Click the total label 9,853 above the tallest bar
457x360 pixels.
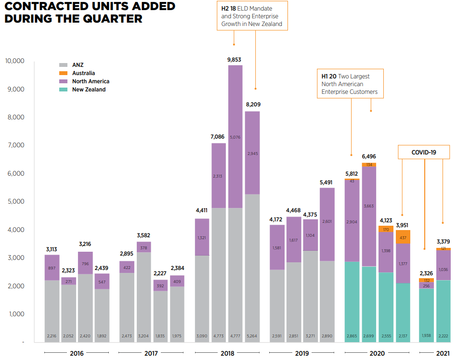pyautogui.click(x=235, y=60)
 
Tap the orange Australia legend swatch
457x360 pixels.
pyautogui.click(x=63, y=73)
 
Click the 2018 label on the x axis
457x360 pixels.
pyautogui.click(x=227, y=354)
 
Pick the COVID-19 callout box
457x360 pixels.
pyautogui.click(x=424, y=152)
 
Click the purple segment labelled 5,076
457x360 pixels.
pyautogui.click(x=235, y=137)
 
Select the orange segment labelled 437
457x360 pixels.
pyautogui.click(x=403, y=237)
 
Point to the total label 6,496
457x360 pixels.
pyautogui.click(x=369, y=157)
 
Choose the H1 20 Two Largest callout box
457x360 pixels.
pyautogui.click(x=350, y=84)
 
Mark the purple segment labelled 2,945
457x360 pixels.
pyautogui.click(x=252, y=153)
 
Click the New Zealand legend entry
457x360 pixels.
pyautogui.click(x=89, y=90)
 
